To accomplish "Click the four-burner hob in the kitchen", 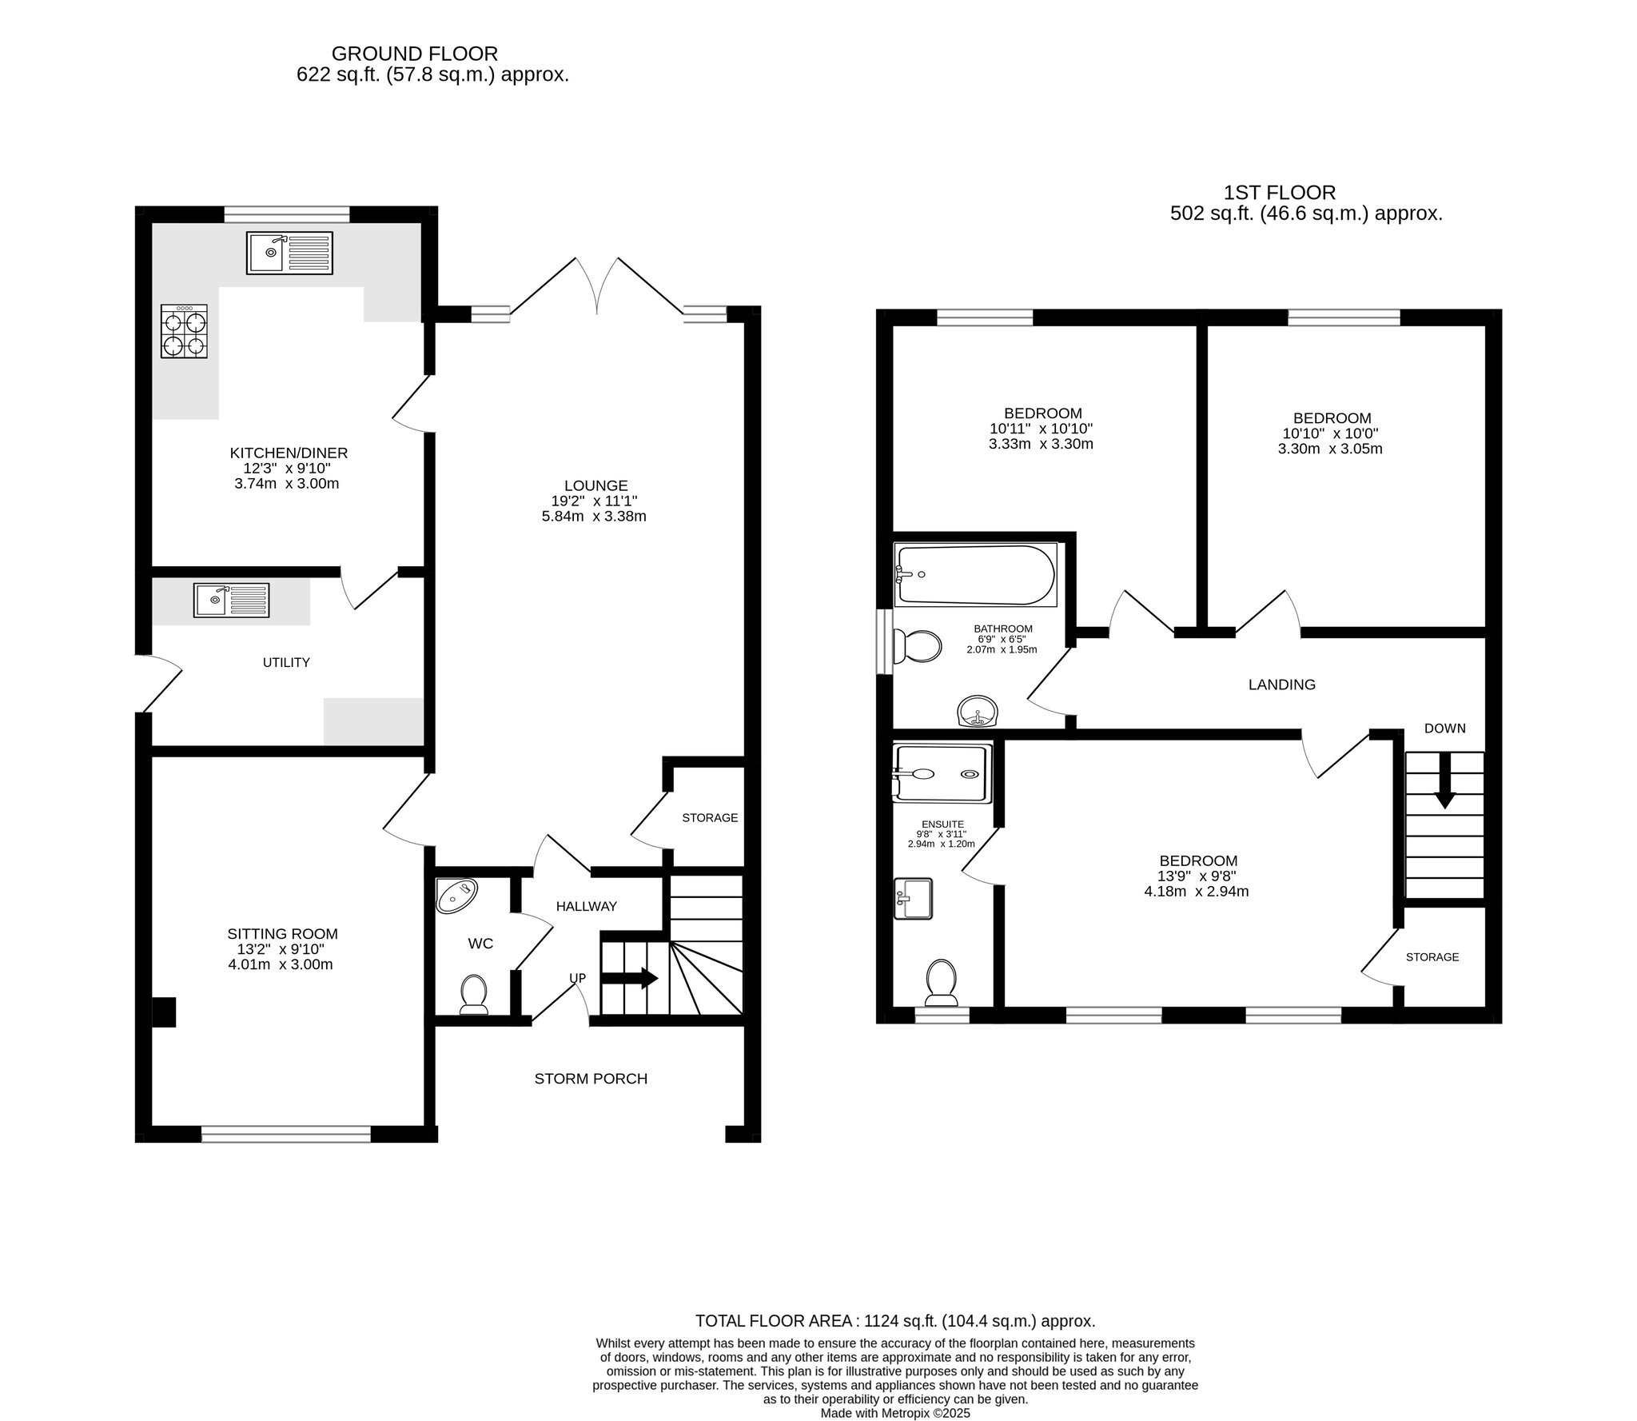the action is click(184, 331).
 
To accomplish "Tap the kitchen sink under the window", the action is click(289, 253).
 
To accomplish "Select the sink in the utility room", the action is click(232, 600).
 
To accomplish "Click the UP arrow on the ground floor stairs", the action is click(629, 978).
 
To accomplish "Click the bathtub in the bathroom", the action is click(976, 574).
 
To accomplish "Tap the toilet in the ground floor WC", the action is click(475, 994).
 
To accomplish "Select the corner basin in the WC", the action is click(456, 896).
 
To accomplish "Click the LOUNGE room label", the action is click(596, 485).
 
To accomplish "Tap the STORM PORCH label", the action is click(591, 1079).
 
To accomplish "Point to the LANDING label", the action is click(1282, 685).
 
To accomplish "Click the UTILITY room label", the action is click(286, 662).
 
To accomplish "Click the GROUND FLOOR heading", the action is click(415, 54).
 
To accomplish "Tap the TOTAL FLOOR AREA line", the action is click(895, 1321).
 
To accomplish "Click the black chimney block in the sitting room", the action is click(164, 1012).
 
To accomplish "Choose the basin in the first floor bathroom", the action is click(978, 711).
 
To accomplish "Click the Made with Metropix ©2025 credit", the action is click(895, 1413).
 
